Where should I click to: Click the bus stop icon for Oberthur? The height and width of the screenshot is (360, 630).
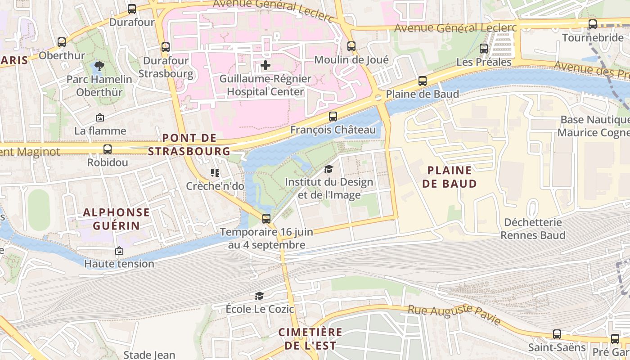point(62,42)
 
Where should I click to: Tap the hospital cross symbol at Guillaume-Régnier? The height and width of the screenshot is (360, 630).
point(265,66)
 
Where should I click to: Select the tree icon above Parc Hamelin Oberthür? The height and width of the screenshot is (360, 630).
point(99,67)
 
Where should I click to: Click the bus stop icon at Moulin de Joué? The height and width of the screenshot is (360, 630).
point(351,46)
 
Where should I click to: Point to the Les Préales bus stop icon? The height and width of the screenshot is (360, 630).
point(484,49)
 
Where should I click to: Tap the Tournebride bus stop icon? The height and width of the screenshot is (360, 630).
point(593,24)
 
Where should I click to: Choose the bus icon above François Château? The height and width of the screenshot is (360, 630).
point(333,117)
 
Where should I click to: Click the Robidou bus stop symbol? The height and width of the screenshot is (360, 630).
point(108,149)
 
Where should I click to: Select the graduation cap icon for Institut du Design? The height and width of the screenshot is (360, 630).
point(329,169)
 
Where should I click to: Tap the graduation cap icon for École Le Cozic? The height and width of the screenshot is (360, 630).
point(260,296)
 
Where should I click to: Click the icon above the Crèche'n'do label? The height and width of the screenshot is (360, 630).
point(215,173)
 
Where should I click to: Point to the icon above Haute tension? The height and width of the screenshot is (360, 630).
point(119,251)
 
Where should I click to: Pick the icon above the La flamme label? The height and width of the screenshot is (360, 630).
point(100,118)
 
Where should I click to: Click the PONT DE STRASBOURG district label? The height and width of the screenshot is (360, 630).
point(189,144)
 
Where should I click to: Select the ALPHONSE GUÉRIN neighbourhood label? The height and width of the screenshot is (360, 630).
point(116,219)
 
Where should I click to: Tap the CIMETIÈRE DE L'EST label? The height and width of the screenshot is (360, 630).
point(310,339)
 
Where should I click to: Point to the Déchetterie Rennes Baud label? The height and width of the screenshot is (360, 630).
point(533,229)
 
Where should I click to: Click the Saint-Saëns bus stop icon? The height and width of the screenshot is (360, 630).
point(557,334)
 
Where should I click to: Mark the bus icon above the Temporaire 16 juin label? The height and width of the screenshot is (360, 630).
point(266,219)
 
